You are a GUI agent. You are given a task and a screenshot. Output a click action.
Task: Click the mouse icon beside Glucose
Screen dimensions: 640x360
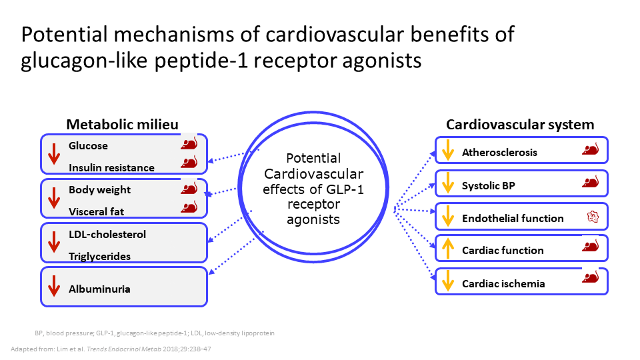pyautogui.click(x=189, y=143)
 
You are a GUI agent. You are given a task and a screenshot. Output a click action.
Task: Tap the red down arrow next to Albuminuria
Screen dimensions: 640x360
pyautogui.click(x=54, y=286)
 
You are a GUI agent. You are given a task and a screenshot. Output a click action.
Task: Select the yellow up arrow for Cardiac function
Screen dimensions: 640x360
pyautogui.click(x=448, y=249)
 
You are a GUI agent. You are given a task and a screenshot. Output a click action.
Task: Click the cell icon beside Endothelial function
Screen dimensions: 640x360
pyautogui.click(x=593, y=217)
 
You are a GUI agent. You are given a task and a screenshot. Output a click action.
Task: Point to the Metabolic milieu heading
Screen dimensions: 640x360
pyautogui.click(x=123, y=125)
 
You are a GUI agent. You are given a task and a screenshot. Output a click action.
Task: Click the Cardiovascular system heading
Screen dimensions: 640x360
pyautogui.click(x=520, y=125)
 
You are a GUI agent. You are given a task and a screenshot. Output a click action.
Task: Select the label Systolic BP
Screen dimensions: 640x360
pyautogui.click(x=489, y=186)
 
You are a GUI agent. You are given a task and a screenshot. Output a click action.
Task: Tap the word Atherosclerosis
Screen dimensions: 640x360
pyautogui.click(x=499, y=153)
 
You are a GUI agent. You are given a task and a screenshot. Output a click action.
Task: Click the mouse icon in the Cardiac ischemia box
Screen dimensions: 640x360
pyautogui.click(x=590, y=277)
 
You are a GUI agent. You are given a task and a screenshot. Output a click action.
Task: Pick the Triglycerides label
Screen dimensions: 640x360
pyautogui.click(x=99, y=256)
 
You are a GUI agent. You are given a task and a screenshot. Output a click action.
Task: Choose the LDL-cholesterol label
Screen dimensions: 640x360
pyautogui.click(x=107, y=234)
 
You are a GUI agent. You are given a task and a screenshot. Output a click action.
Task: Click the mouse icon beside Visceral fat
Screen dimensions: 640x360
pyautogui.click(x=189, y=207)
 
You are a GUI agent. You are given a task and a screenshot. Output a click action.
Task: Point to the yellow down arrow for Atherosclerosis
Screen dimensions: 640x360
pyautogui.click(x=448, y=150)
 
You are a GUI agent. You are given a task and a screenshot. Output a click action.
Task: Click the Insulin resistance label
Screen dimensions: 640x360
pyautogui.click(x=111, y=168)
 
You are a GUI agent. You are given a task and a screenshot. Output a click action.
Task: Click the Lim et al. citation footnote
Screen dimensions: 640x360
pyautogui.click(x=111, y=349)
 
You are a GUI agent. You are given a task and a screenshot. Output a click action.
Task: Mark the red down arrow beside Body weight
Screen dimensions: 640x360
pyautogui.click(x=54, y=198)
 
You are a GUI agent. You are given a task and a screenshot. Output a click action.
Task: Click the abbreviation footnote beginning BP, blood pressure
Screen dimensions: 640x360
pyautogui.click(x=155, y=333)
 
